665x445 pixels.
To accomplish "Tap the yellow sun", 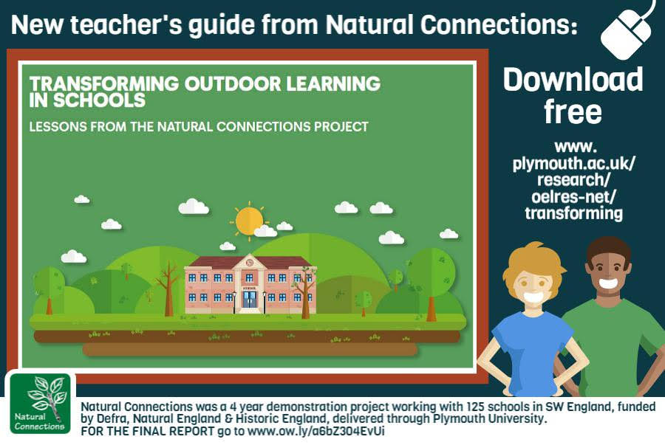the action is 249,221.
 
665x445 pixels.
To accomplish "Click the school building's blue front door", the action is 249,299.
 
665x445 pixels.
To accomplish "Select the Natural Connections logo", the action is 40,404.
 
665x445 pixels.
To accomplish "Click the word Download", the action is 573,80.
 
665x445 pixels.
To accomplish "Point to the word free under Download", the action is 573,111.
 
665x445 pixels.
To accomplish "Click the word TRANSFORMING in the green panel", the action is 104,84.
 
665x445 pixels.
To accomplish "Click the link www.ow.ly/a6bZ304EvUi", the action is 316,432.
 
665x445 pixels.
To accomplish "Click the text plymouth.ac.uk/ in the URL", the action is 573,163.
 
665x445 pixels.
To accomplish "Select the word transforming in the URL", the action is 573,213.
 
